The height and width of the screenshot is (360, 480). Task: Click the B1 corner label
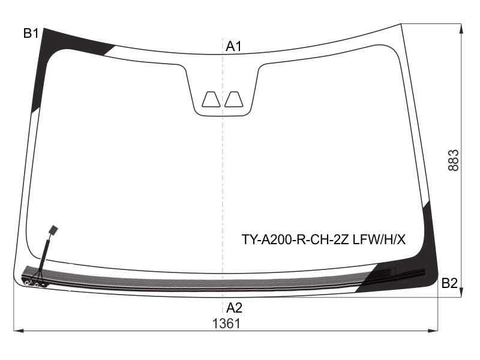click(x=31, y=33)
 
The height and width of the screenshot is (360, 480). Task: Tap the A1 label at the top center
click(x=233, y=47)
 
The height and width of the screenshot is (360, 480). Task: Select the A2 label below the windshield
click(x=234, y=308)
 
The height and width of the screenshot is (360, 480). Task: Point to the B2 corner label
click(x=449, y=283)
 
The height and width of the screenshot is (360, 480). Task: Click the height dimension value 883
click(x=454, y=160)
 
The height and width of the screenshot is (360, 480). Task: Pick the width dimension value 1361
click(x=227, y=323)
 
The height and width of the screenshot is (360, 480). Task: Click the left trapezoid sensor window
click(x=211, y=99)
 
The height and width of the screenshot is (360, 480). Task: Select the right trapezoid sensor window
click(x=234, y=99)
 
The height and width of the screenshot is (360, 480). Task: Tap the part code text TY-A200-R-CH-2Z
click(x=295, y=239)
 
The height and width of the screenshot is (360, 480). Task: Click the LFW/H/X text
click(x=379, y=239)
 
